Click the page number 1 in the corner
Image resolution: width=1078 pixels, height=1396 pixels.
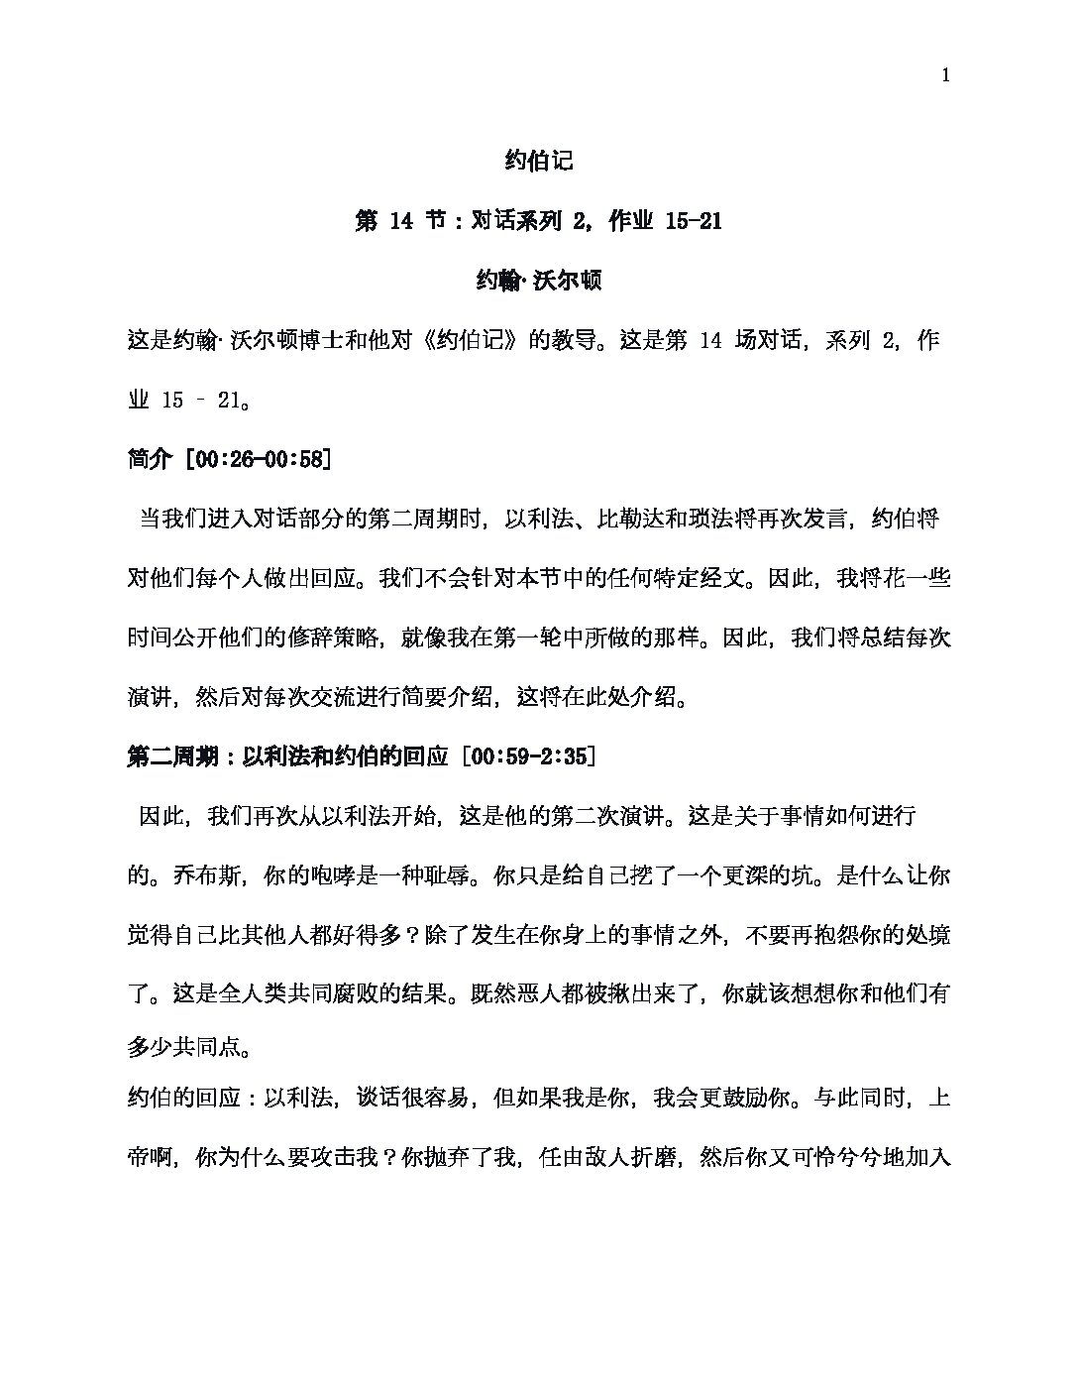947,76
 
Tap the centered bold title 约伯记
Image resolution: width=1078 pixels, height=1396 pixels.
538,161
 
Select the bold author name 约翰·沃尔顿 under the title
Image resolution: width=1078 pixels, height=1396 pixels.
538,281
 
